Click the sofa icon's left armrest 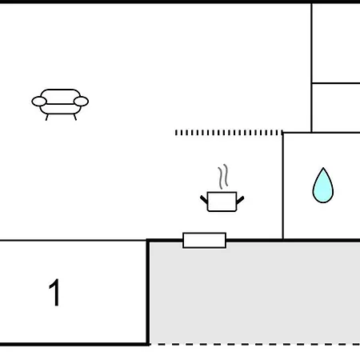click(39, 102)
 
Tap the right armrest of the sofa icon click(81, 102)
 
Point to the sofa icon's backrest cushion click(60, 97)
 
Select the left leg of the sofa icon click(47, 118)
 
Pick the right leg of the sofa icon click(75, 118)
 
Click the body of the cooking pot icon click(222, 202)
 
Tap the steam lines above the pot click(223, 177)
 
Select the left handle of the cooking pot click(204, 199)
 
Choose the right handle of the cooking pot click(240, 200)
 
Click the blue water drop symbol click(323, 186)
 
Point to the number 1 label click(54, 293)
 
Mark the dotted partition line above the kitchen click(229, 133)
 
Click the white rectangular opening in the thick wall click(204, 240)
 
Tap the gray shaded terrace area click(254, 293)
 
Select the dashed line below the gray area click(254, 344)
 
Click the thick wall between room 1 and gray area click(147, 292)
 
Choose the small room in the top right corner click(336, 43)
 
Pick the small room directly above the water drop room click(336, 108)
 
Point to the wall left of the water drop click(283, 186)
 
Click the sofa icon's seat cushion click(60, 109)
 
